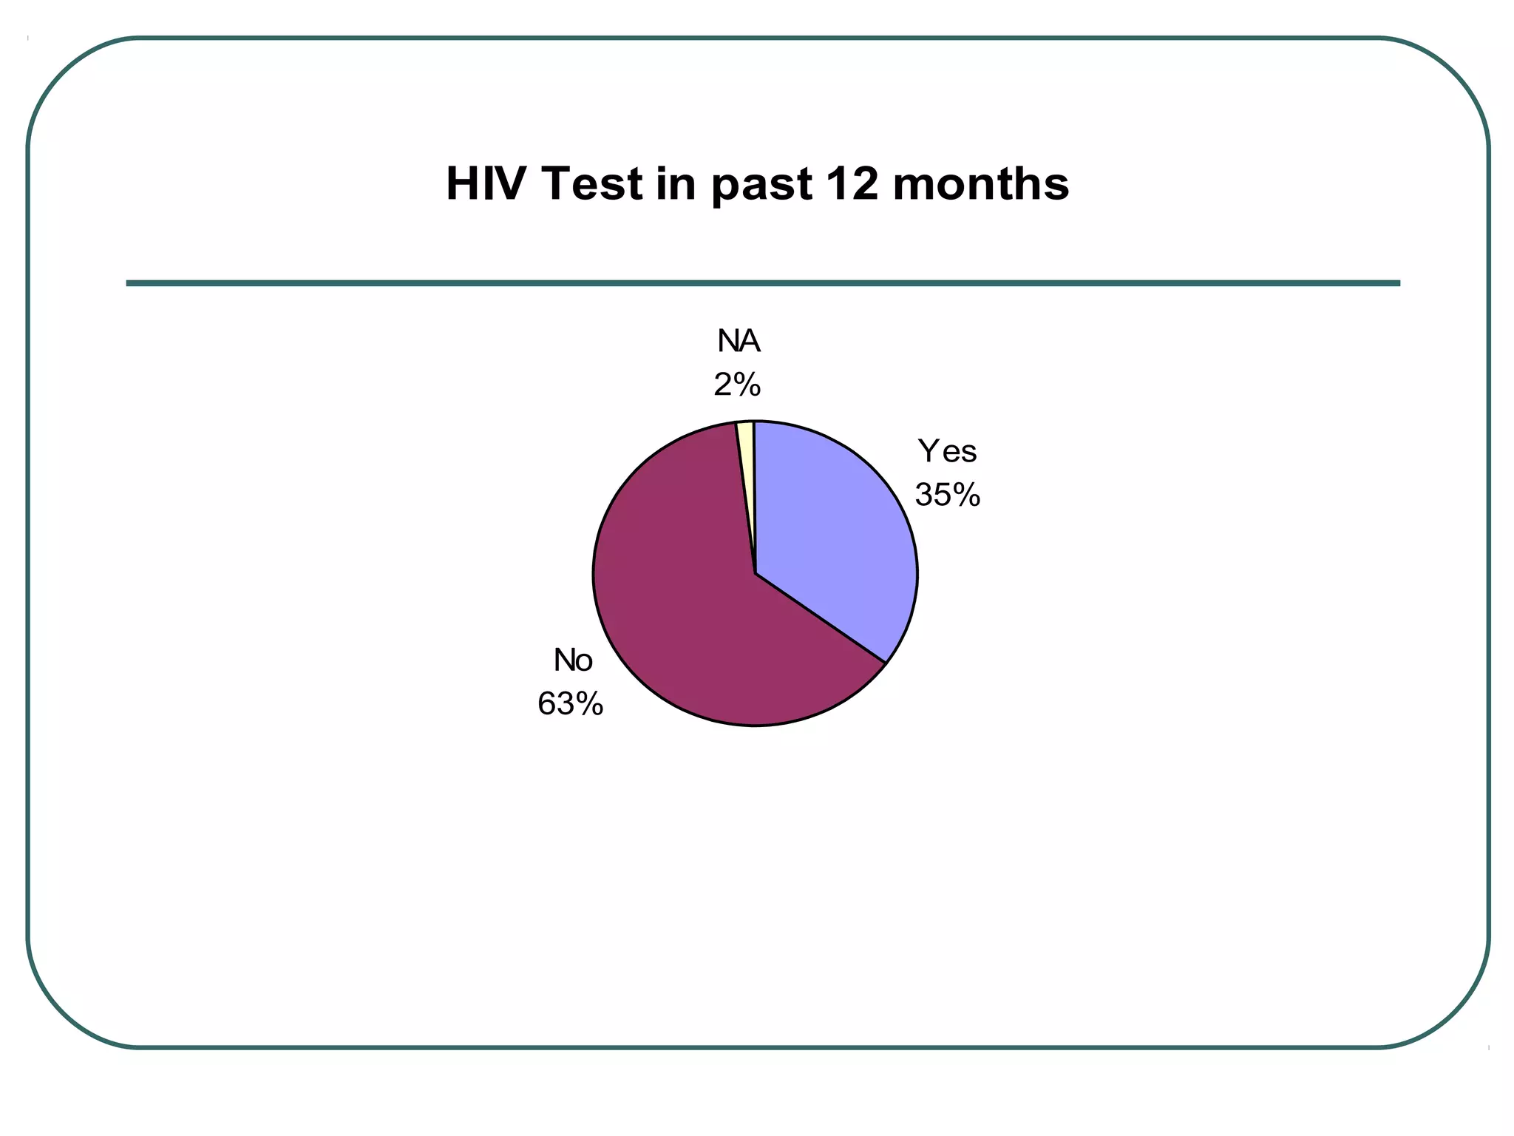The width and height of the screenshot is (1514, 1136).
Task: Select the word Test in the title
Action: pyautogui.click(x=591, y=183)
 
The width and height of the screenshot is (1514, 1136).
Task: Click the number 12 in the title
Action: pyautogui.click(x=851, y=183)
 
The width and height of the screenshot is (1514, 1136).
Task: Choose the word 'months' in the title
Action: pyautogui.click(x=980, y=183)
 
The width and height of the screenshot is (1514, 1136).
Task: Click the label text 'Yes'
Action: pyautogui.click(x=947, y=451)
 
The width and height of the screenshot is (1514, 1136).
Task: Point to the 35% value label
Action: pyautogui.click(x=947, y=495)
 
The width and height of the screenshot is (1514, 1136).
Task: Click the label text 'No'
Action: pyautogui.click(x=573, y=660)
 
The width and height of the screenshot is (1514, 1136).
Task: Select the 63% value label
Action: pyautogui.click(x=570, y=704)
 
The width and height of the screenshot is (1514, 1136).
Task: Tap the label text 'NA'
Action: pyautogui.click(x=739, y=341)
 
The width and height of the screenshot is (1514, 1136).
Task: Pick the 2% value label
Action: pyautogui.click(x=737, y=385)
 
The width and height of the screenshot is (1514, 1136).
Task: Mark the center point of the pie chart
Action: pyautogui.click(x=755, y=573)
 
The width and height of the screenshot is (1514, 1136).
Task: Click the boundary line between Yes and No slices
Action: pyautogui.click(x=821, y=618)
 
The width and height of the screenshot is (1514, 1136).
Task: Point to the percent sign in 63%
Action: pyautogui.click(x=590, y=704)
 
